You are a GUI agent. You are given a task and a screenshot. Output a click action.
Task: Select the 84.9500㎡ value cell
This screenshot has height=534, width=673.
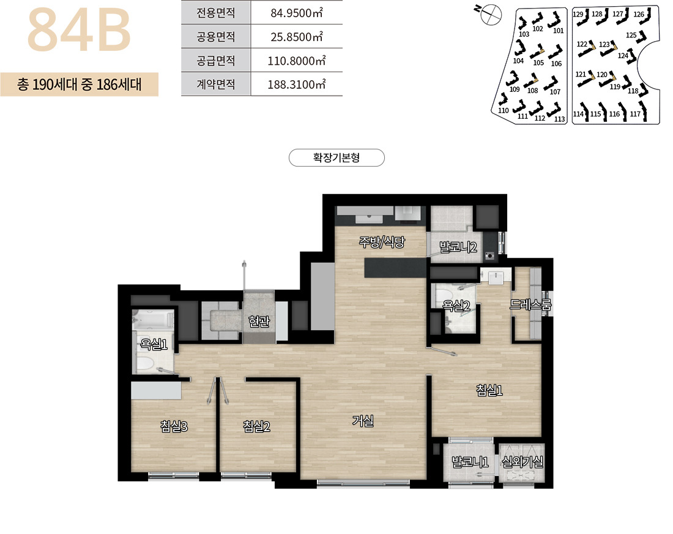(x=297, y=12)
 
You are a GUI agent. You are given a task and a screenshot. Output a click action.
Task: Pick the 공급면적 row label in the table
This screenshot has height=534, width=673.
(x=216, y=61)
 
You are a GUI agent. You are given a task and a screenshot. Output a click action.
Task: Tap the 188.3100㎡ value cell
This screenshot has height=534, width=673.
(x=297, y=84)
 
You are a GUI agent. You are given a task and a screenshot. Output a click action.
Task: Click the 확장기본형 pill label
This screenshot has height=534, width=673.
(x=336, y=157)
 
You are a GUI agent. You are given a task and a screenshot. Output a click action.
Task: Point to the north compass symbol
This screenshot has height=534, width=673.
(x=489, y=14)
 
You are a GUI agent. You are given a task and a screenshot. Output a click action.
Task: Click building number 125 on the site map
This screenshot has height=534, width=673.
(x=631, y=36)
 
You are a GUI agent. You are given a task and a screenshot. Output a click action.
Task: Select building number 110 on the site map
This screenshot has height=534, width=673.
(x=503, y=110)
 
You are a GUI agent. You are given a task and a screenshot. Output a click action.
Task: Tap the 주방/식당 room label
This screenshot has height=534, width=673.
(x=382, y=243)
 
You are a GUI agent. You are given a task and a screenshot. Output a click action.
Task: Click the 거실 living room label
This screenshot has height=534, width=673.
(x=363, y=421)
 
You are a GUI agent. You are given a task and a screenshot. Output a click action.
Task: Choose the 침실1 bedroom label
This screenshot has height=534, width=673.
(x=489, y=390)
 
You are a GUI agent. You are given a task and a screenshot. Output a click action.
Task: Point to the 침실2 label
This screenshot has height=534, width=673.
(x=257, y=426)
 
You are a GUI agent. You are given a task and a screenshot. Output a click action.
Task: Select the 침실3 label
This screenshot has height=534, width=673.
(x=174, y=426)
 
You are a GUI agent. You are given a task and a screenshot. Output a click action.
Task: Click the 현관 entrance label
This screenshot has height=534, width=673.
(x=259, y=321)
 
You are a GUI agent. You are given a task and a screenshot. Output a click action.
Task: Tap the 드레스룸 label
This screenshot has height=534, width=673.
(x=530, y=304)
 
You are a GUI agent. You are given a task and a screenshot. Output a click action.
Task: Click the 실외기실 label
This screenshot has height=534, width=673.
(x=522, y=462)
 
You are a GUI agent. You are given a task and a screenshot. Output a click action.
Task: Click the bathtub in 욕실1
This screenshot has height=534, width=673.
(x=153, y=320)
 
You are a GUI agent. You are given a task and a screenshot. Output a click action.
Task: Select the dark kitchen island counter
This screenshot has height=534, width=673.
(x=396, y=268)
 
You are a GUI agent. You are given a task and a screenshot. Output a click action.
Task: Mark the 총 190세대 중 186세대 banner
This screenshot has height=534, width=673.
(x=80, y=84)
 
